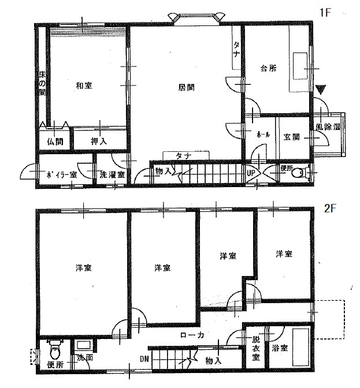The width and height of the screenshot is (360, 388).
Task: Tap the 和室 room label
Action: [x=84, y=85]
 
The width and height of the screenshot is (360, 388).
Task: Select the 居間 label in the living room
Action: [x=185, y=88]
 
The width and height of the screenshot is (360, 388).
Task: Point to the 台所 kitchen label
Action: [x=269, y=68]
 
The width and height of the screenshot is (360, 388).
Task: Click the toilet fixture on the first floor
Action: [x=302, y=171]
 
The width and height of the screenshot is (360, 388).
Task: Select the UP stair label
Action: [x=252, y=172]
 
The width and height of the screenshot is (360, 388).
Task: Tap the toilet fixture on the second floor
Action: [x=55, y=349]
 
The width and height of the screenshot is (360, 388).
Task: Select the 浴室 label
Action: [x=278, y=348]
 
